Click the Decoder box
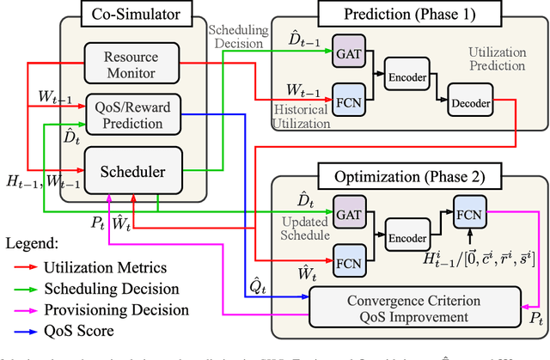click(469, 103)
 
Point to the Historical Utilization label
click(298, 118)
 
